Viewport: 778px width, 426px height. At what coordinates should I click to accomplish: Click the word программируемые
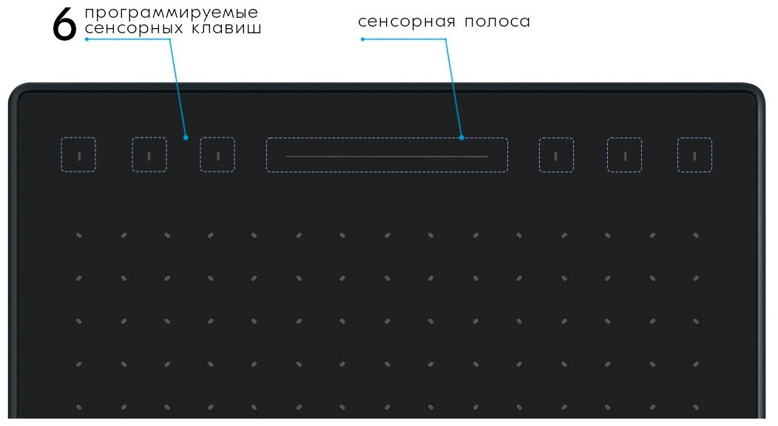pyautogui.click(x=172, y=13)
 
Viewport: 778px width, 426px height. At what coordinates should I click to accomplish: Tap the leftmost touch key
pyautogui.click(x=78, y=155)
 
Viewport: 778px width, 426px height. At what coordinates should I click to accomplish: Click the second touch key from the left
pyautogui.click(x=149, y=155)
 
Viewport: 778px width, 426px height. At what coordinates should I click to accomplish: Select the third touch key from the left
pyautogui.click(x=217, y=155)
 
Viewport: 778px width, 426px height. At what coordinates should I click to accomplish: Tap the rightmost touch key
pyautogui.click(x=694, y=155)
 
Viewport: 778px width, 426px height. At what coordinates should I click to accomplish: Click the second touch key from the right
pyautogui.click(x=624, y=155)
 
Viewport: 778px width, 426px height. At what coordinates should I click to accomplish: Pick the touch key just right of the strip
pyautogui.click(x=556, y=155)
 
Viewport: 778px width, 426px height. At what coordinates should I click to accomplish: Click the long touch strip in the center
pyautogui.click(x=387, y=155)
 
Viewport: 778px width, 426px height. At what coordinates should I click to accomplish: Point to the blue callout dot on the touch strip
pyautogui.click(x=461, y=138)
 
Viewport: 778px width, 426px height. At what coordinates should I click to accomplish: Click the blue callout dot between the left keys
pyautogui.click(x=186, y=138)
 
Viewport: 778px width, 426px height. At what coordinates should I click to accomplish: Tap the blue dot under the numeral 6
pyautogui.click(x=87, y=39)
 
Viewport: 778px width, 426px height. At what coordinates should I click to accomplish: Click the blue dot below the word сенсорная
pyautogui.click(x=362, y=39)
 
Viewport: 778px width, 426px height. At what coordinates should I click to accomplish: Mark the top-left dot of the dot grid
pyautogui.click(x=78, y=237)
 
